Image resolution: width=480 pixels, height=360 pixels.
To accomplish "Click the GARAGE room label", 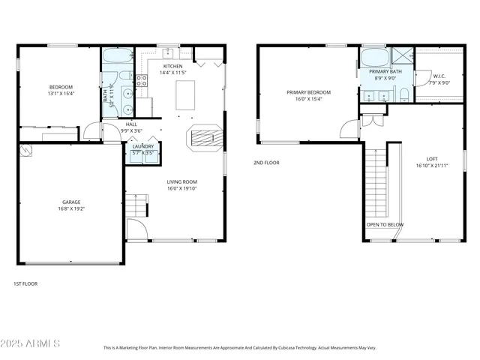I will pos(72,202).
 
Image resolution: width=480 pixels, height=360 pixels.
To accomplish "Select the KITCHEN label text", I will pos(172,66).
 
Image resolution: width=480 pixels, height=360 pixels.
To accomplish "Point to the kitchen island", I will pos(187,95).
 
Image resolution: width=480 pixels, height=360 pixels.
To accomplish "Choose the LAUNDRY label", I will pos(143,146).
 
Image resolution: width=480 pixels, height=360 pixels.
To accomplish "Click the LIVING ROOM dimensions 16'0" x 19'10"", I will pos(181,189).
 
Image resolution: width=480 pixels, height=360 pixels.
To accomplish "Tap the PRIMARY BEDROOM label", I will pos(308,92).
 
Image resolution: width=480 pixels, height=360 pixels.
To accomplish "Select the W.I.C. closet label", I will pos(439,76).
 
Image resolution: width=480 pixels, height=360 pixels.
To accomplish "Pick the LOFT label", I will pos(432,159).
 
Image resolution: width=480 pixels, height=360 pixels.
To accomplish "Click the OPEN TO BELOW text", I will pos(385,224).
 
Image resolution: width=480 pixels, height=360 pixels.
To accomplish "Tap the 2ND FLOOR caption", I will pos(266,162).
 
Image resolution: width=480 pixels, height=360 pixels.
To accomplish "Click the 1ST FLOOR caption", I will pos(25,283).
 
